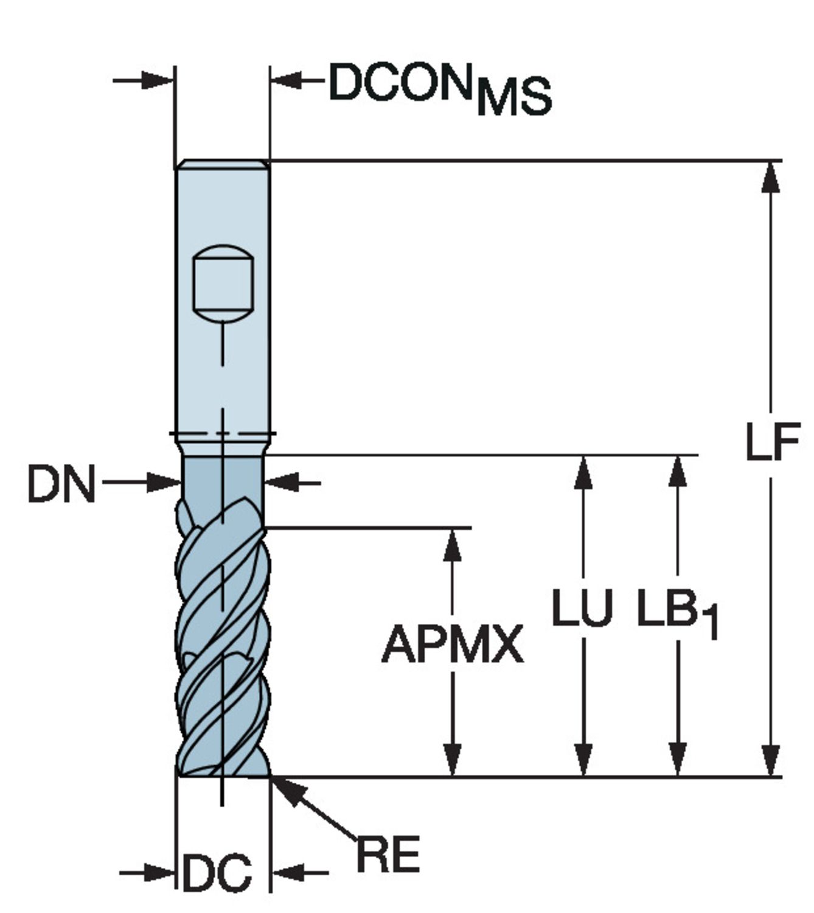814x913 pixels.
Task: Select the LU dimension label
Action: tap(582, 607)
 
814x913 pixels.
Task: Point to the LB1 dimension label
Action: tap(677, 612)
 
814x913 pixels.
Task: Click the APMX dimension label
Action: tap(452, 645)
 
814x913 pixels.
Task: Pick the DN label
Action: tap(61, 484)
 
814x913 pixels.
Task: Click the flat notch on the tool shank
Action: tap(223, 283)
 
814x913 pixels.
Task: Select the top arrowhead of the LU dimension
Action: tap(583, 472)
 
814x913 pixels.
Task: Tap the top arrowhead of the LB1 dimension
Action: tap(677, 472)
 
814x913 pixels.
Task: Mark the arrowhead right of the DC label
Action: tap(286, 872)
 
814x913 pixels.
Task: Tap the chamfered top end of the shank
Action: tap(223, 164)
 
